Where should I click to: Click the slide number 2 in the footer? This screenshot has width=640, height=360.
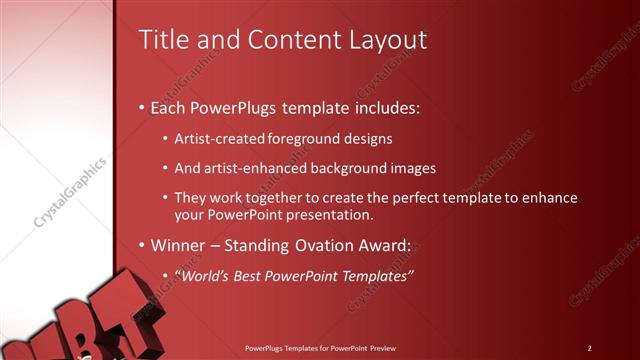click(590, 348)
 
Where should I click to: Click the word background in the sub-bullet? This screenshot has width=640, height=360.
click(345, 168)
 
